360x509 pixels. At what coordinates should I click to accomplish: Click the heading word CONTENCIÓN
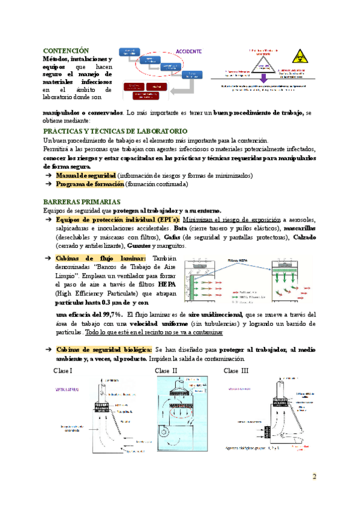pos(67,50)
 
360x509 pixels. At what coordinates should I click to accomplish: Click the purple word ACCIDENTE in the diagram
pos(188,51)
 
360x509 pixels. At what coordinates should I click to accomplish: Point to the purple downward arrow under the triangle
pos(263,79)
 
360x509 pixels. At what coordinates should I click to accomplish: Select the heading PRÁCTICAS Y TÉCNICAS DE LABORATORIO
pos(116,131)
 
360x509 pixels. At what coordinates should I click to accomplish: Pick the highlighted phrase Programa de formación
pos(89,184)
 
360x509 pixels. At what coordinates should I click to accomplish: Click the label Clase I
pos(63,370)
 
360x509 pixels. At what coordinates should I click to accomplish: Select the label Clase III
pos(236,370)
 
